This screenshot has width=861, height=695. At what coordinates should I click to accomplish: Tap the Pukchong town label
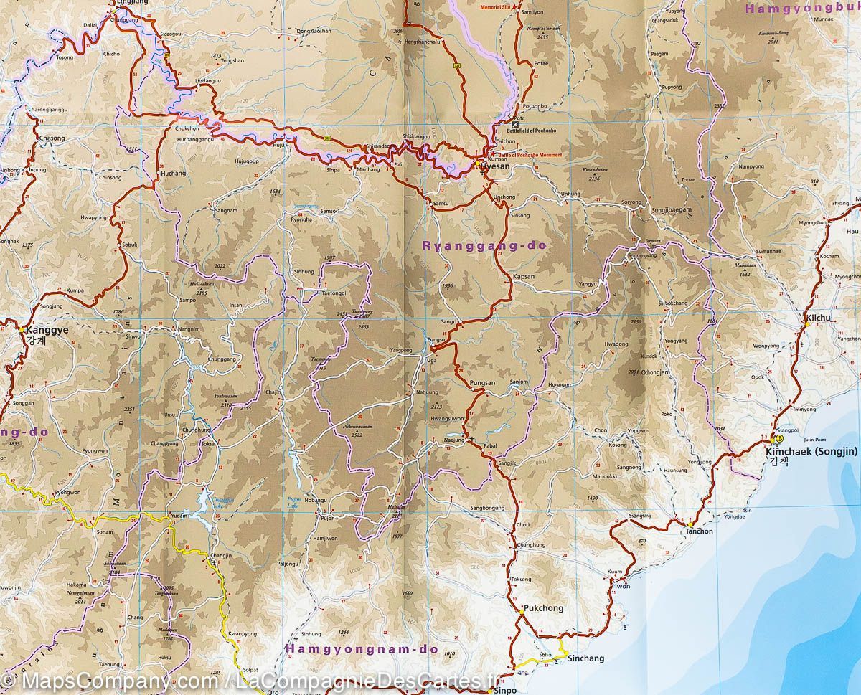tap(544, 607)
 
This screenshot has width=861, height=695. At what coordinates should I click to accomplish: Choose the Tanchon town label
tap(699, 531)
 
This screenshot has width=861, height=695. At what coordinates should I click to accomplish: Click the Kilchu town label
tap(817, 317)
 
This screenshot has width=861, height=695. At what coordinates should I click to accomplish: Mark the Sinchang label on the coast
tap(585, 658)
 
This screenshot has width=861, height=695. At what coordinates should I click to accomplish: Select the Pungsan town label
tap(482, 384)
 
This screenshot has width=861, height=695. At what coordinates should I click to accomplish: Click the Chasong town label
tap(52, 138)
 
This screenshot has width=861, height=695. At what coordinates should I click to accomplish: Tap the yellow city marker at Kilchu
tap(807, 324)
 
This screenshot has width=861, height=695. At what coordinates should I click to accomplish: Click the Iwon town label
tap(622, 586)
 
